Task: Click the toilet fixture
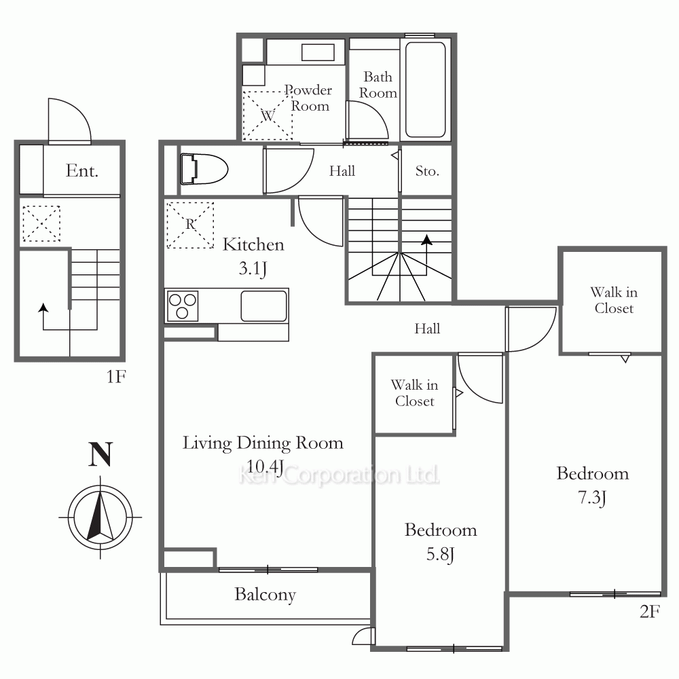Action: tap(204, 169)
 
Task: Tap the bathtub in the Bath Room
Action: tap(425, 90)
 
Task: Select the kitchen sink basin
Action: tap(263, 306)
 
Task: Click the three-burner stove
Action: tap(182, 306)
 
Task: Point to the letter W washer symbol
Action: tap(268, 115)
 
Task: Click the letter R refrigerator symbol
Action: tap(190, 224)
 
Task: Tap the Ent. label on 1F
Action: tap(82, 170)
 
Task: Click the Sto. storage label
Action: tap(427, 171)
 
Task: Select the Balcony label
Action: tap(265, 595)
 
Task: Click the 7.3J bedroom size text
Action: tap(592, 498)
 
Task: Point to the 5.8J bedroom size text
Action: tap(441, 554)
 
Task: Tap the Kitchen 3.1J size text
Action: tap(253, 268)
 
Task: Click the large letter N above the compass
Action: tap(100, 454)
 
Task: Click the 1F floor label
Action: tap(116, 377)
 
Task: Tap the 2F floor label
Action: tap(650, 612)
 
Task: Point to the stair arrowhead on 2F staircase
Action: tap(427, 240)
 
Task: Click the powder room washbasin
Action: tap(318, 53)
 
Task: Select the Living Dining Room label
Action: tap(263, 443)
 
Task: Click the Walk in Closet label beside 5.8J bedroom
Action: tap(414, 392)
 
